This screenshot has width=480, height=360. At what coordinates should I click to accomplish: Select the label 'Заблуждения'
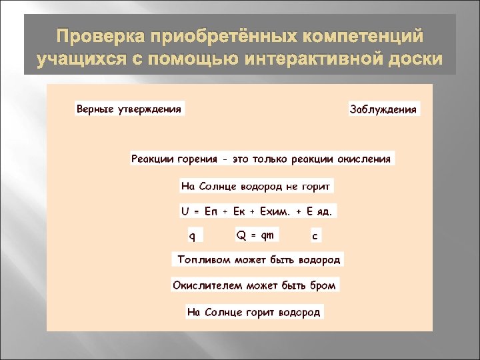coord(383,109)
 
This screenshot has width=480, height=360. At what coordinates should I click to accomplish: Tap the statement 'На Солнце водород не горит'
coord(256,185)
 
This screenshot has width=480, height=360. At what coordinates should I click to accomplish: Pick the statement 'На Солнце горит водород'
coord(254,311)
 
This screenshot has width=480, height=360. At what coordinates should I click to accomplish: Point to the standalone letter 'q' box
coord(193,235)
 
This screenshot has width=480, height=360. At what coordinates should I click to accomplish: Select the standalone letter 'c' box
coord(315,235)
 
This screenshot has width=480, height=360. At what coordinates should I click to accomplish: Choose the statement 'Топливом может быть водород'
coord(259,259)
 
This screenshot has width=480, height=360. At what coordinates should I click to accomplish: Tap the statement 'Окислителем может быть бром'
coord(255,285)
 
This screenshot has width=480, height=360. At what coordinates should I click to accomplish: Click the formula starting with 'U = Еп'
coord(257,211)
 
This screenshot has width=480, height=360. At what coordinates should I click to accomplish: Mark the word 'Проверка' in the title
coord(91,35)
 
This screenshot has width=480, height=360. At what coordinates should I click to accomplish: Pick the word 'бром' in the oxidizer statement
coord(323,285)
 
